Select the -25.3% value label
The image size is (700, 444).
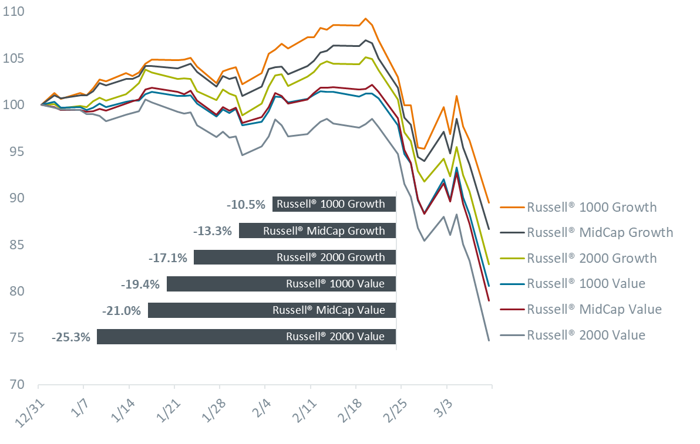[x=71, y=337]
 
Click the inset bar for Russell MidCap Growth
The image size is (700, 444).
[x=317, y=231]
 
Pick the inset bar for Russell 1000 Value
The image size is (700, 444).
[x=281, y=284]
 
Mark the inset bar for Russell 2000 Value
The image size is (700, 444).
[x=247, y=337]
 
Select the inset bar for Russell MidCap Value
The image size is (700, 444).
[x=272, y=310]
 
